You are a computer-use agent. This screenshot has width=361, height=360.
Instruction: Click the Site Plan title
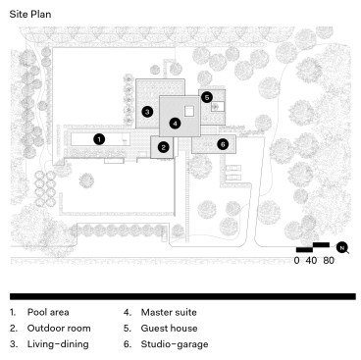(x=30, y=14)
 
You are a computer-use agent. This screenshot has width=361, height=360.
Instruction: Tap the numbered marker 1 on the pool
(x=99, y=139)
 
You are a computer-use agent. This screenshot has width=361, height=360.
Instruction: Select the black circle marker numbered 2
(x=163, y=147)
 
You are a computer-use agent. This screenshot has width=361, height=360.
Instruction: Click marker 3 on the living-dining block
(x=147, y=112)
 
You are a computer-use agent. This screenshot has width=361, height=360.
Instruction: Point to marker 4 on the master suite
(x=176, y=124)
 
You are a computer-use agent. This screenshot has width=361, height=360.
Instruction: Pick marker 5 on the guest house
(x=207, y=97)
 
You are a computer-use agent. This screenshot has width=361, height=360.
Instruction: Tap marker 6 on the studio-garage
(x=223, y=144)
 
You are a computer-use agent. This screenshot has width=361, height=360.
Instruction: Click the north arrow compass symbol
(x=342, y=248)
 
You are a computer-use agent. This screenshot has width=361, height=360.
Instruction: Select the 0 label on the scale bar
(x=296, y=261)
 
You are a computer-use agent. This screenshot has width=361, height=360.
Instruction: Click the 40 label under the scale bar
(x=311, y=261)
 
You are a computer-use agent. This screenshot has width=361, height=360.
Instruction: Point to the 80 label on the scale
(x=329, y=261)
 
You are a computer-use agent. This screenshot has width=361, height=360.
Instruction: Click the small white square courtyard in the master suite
(x=189, y=112)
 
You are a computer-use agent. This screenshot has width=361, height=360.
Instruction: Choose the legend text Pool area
(x=48, y=312)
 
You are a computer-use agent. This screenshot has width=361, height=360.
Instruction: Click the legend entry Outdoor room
(x=59, y=328)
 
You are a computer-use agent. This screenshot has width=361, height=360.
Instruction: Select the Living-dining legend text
(x=58, y=344)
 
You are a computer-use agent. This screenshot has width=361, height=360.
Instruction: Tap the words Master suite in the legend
(x=169, y=312)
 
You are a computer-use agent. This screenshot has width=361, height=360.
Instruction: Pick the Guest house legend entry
(x=169, y=328)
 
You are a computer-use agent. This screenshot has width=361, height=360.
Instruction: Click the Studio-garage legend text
(x=175, y=344)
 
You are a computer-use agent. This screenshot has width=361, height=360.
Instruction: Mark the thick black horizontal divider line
(x=182, y=296)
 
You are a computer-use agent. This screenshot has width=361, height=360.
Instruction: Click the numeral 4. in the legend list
(x=128, y=312)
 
